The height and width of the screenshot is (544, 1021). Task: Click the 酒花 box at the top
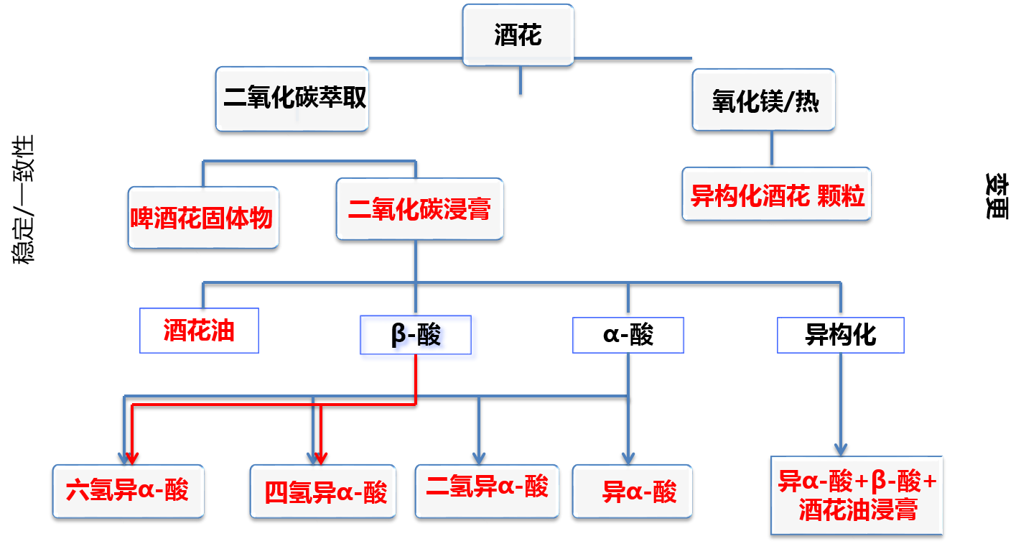518,34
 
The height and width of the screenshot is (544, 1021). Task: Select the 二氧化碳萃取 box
292,99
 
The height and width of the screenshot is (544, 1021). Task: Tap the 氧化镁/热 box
763,100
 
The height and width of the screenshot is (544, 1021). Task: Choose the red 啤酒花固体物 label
202,217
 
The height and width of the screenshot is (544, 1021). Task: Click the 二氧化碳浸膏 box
419,209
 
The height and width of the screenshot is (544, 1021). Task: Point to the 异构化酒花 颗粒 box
776,194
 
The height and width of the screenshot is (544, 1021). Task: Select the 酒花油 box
199,331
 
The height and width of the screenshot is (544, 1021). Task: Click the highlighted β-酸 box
419,337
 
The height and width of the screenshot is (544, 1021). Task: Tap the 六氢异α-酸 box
128,491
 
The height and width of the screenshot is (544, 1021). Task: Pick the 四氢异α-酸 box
323,492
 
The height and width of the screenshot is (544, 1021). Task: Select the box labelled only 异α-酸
633,492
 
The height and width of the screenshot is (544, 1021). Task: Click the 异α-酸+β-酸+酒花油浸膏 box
857,494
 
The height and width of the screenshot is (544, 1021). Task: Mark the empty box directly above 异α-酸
628,335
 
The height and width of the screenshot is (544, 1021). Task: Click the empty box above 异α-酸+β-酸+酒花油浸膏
840,335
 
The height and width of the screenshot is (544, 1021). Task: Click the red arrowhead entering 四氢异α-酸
321,457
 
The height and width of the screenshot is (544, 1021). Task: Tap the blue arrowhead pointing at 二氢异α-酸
479,458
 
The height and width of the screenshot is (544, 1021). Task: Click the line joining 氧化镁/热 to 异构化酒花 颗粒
772,149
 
